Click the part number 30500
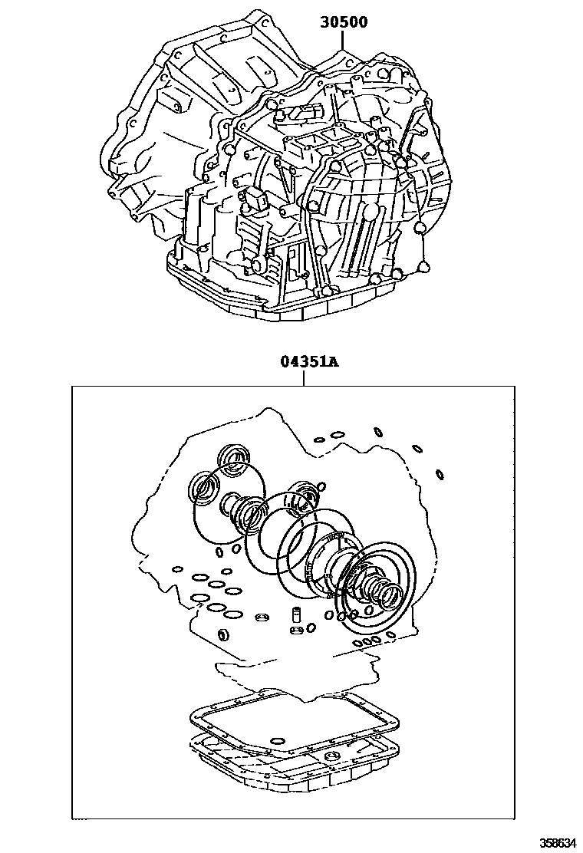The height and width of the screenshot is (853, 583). click(x=344, y=22)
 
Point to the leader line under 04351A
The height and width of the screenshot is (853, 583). click(x=304, y=378)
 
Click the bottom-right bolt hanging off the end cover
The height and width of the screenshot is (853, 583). click(x=421, y=267)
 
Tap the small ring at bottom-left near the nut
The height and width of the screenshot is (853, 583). click(x=223, y=634)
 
